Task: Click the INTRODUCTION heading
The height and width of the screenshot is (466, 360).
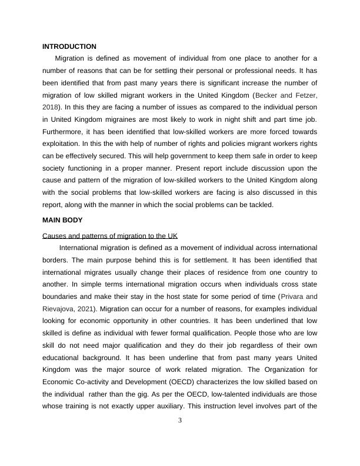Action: (69, 46)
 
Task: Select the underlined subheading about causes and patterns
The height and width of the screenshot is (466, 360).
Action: (110, 235)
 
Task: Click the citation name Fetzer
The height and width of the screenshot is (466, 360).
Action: (305, 95)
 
